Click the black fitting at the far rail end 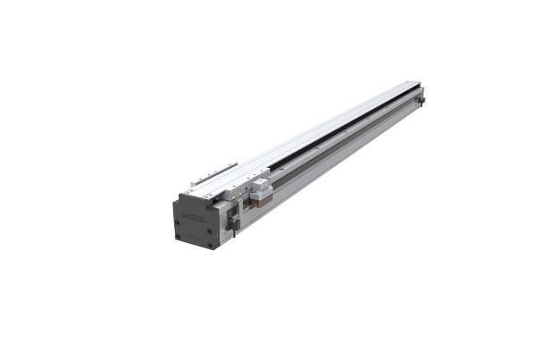tap(421, 100)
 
